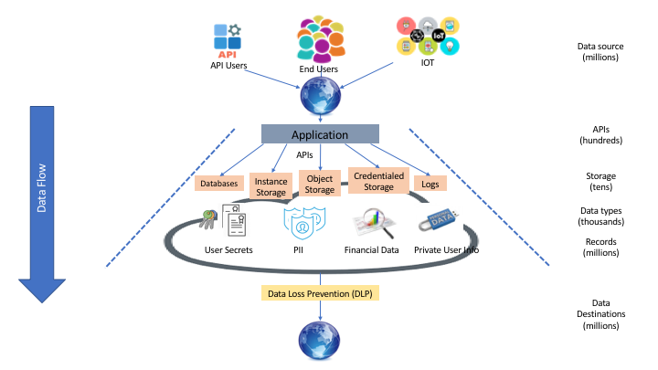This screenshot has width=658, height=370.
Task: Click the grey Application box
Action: point(320,134)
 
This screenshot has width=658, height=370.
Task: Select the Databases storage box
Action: point(218,184)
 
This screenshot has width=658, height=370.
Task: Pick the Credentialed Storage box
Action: point(378,180)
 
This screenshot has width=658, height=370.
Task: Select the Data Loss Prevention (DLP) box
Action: point(321,294)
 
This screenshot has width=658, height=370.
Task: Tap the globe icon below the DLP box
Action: point(320,343)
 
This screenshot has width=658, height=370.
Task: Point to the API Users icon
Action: point(228,37)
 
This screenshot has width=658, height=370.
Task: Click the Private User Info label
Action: point(446,249)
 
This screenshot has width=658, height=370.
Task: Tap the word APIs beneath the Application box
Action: point(305,155)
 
